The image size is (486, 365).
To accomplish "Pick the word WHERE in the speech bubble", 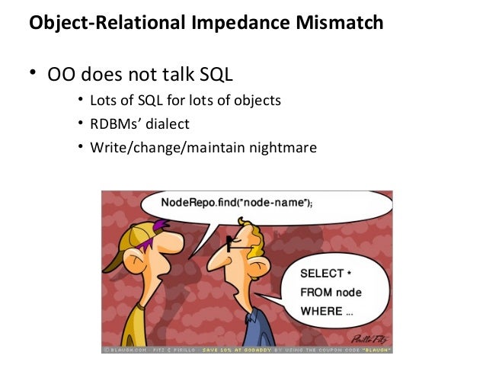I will click(319, 310).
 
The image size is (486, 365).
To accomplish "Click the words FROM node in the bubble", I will click(331, 292).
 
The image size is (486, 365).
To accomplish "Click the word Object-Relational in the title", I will click(102, 24).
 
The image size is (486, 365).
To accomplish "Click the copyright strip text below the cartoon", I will click(248, 349).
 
